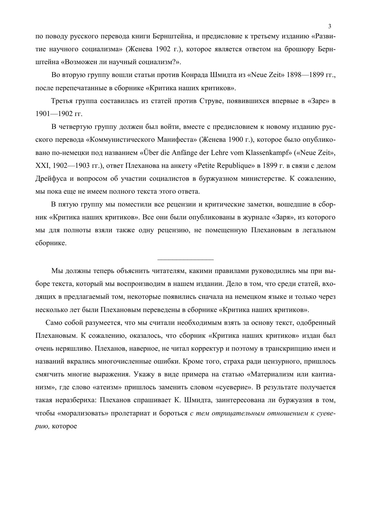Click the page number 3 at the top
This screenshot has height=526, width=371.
[330, 26]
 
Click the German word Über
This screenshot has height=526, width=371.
[151, 153]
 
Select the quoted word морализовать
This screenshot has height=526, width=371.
[84, 413]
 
